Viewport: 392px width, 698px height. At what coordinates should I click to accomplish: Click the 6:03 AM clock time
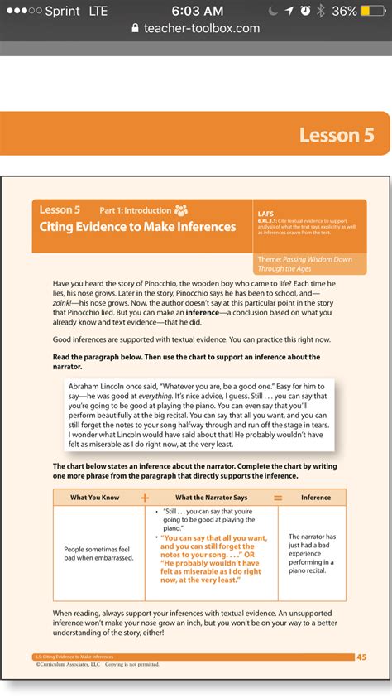198,11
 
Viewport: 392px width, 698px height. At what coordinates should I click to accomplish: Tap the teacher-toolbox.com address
202,28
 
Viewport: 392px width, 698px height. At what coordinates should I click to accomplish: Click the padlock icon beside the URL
136,28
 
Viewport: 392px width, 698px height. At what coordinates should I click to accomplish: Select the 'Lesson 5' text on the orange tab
337,135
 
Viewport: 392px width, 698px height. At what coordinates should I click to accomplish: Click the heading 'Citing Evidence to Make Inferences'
137,226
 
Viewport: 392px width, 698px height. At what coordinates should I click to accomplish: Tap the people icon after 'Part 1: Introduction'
181,210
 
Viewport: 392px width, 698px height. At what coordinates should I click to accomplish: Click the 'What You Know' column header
95,498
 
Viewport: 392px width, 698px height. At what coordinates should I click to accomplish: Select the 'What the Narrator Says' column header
211,498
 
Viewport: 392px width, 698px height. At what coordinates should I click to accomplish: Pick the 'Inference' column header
315,498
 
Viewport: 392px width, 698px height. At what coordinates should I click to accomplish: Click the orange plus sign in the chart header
145,498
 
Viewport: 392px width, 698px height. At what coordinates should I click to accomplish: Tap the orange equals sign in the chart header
278,498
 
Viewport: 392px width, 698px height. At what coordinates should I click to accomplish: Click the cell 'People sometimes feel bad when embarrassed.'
98,553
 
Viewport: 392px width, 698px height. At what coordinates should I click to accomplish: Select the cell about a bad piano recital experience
312,553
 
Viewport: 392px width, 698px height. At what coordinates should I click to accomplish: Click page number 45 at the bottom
361,657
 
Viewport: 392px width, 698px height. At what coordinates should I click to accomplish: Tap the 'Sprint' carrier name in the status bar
61,11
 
